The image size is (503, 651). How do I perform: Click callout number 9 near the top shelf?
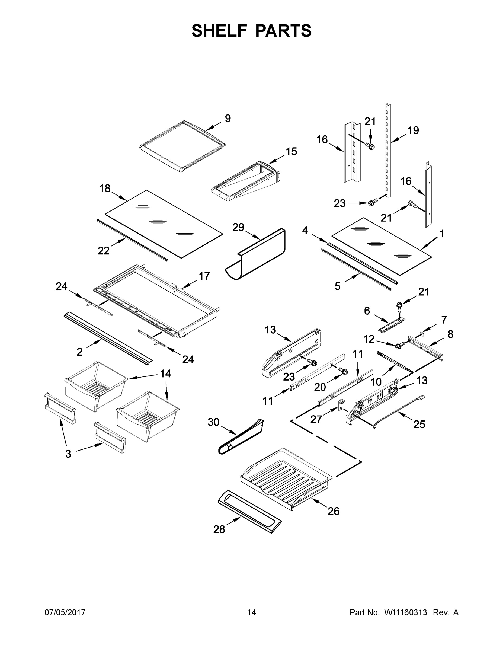pyautogui.click(x=228, y=119)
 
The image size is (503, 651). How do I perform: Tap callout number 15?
pyautogui.click(x=291, y=151)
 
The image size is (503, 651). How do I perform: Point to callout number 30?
pyautogui.click(x=213, y=422)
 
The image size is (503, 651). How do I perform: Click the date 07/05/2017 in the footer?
pyautogui.click(x=65, y=612)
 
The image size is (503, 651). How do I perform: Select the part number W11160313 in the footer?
pyautogui.click(x=406, y=612)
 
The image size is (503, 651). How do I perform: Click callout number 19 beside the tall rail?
pyautogui.click(x=413, y=130)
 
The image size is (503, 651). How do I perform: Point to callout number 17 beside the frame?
pyautogui.click(x=204, y=276)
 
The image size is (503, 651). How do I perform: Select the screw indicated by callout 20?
pyautogui.click(x=343, y=371)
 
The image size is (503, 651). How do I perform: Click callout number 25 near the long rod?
pyautogui.click(x=419, y=425)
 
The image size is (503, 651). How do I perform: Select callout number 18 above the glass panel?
pyautogui.click(x=105, y=189)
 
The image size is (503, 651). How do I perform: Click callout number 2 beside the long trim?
pyautogui.click(x=79, y=352)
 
